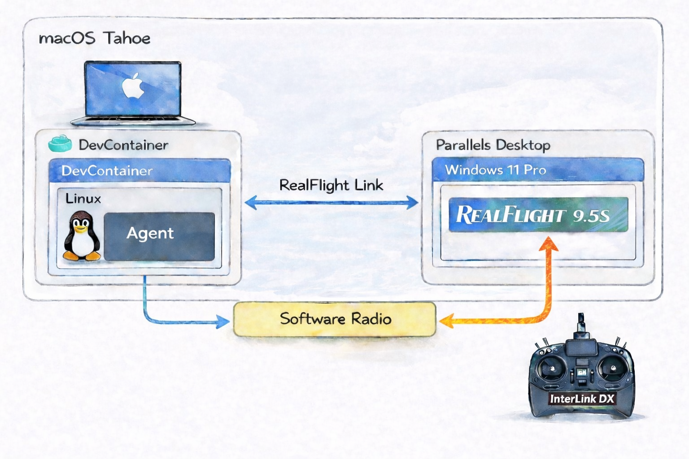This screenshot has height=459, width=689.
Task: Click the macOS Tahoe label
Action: pyautogui.click(x=95, y=38)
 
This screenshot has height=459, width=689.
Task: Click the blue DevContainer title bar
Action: pyautogui.click(x=139, y=170)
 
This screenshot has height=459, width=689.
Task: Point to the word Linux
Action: pyautogui.click(x=83, y=198)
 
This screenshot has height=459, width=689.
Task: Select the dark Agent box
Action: pyautogui.click(x=159, y=236)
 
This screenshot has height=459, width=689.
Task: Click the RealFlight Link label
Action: pyautogui.click(x=331, y=185)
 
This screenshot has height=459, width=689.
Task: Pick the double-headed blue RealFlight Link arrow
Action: pyautogui.click(x=331, y=203)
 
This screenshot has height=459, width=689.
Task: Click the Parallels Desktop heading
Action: pyautogui.click(x=493, y=145)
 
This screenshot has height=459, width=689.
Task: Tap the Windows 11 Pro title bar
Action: pyautogui.click(x=537, y=170)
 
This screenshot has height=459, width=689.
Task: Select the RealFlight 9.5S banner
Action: pyautogui.click(x=538, y=215)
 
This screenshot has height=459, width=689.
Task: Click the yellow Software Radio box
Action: pyautogui.click(x=335, y=319)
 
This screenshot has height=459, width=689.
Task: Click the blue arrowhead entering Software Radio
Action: pyautogui.click(x=223, y=321)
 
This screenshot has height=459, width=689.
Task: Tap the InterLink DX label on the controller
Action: pyautogui.click(x=582, y=398)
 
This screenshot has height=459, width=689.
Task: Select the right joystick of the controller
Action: pyautogui.click(x=611, y=368)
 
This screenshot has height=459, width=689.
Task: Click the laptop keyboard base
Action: pyautogui.click(x=133, y=120)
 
